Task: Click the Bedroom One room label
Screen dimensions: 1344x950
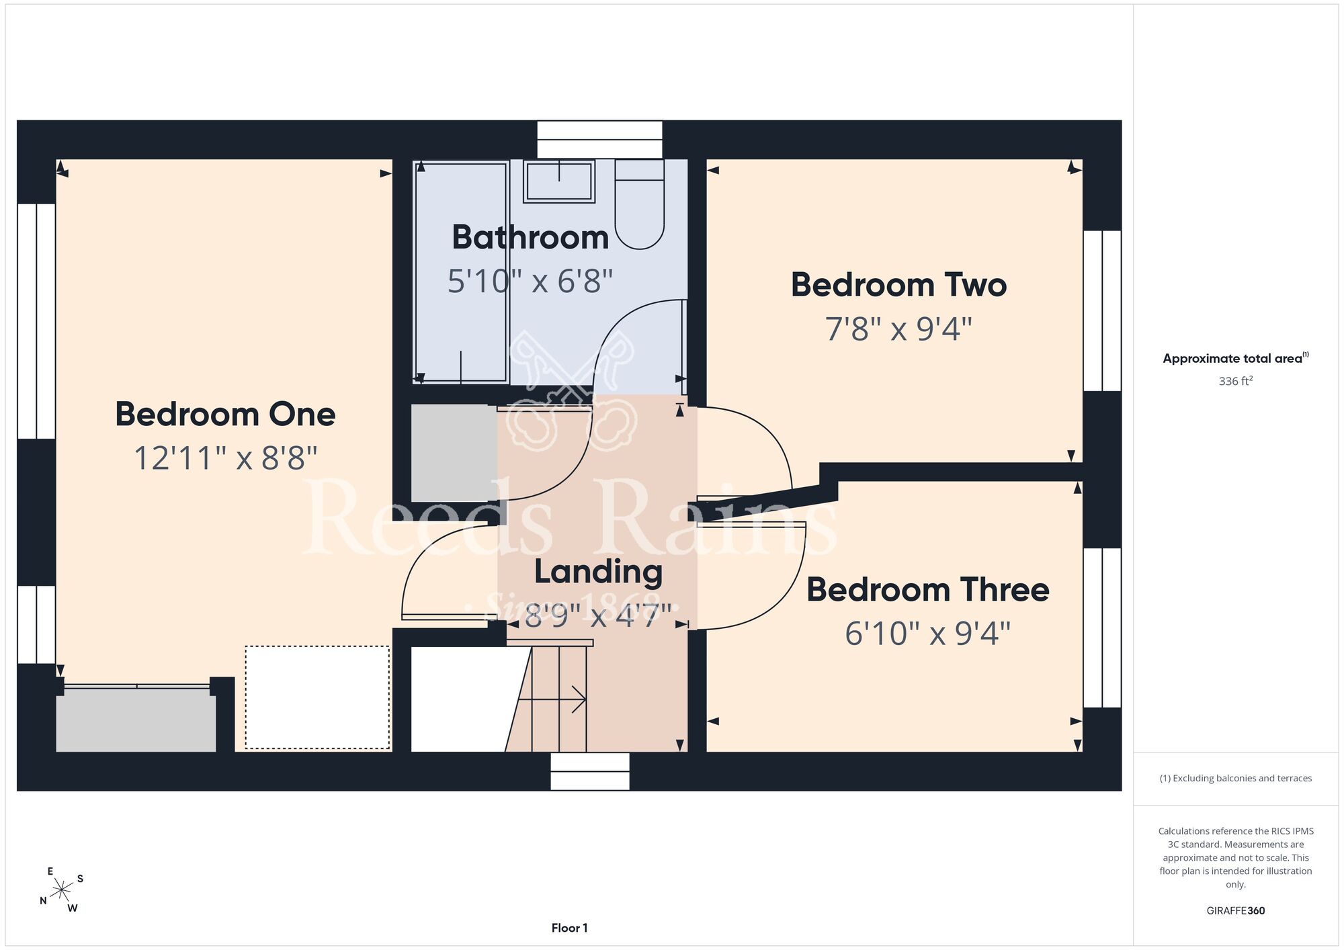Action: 225,414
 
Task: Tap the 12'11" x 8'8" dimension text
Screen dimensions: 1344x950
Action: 225,458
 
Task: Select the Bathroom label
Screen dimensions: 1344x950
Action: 530,237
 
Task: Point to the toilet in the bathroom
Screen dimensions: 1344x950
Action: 640,204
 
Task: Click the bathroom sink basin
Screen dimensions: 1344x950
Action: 559,181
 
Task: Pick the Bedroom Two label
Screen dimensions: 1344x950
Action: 898,285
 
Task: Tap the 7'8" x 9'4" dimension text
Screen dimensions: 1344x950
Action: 898,329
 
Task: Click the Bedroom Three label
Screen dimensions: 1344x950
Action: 927,590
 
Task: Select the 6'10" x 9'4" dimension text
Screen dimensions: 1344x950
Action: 927,634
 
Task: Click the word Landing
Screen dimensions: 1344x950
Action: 598,572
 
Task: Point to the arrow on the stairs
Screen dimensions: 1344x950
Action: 552,699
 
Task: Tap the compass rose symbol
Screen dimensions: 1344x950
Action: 62,890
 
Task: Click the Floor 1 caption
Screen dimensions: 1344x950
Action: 569,928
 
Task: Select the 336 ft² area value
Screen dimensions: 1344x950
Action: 1235,381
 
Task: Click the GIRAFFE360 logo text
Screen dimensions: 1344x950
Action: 1235,911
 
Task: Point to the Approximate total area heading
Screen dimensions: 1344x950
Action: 1235,358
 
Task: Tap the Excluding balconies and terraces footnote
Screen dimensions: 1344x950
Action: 1235,778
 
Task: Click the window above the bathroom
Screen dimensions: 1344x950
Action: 599,140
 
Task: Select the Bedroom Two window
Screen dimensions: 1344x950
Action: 1102,310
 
